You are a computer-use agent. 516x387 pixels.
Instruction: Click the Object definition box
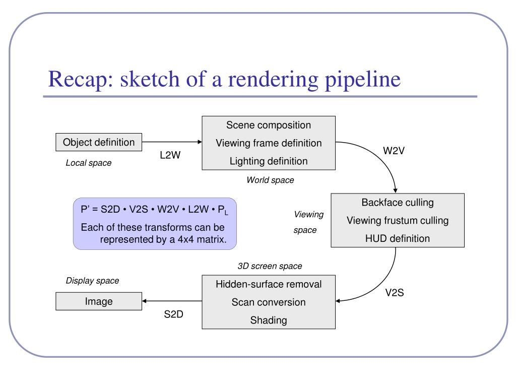point(99,143)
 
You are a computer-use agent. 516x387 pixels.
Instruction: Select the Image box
point(99,302)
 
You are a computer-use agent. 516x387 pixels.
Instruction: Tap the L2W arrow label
point(170,156)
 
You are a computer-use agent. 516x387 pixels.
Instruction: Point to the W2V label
point(394,151)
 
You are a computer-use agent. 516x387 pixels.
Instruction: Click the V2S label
point(395,293)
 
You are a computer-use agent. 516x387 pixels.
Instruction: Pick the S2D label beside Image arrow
point(173,315)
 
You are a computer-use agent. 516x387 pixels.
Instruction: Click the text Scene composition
point(269,125)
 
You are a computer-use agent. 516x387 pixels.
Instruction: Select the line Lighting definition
point(269,161)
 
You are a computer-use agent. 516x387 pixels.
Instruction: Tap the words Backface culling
point(398,203)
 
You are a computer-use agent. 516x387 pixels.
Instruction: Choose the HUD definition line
point(398,238)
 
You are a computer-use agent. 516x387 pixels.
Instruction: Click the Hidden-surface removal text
point(269,284)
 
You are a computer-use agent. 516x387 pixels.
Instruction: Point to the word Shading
point(269,320)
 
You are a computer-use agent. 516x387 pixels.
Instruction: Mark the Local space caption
point(89,163)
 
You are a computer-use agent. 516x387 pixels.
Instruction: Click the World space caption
point(270,180)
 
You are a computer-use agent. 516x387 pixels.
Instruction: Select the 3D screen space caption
point(270,266)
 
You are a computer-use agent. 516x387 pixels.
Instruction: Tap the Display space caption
point(93,281)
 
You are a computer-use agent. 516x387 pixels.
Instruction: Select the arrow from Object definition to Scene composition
point(171,143)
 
